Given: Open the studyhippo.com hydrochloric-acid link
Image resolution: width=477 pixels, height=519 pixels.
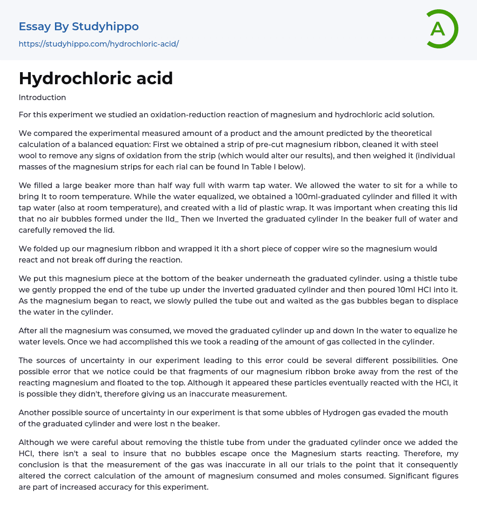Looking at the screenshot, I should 99,44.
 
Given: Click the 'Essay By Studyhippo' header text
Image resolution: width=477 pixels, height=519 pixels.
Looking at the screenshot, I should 79,27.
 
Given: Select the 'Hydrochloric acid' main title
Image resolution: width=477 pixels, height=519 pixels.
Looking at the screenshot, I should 96,78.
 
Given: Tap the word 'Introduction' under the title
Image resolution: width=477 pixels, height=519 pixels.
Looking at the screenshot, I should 42,97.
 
